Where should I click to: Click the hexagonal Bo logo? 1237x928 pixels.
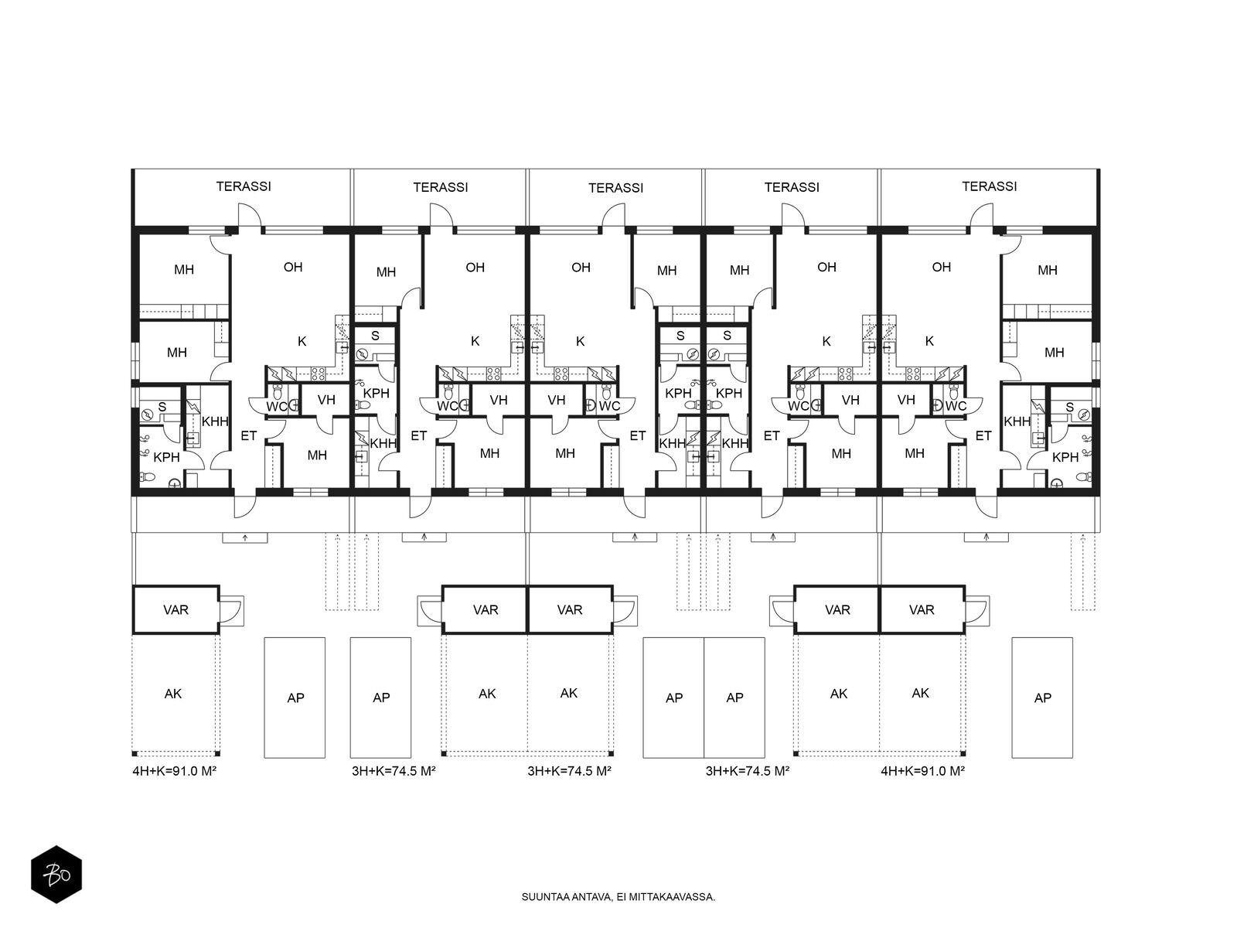pyautogui.click(x=56, y=875)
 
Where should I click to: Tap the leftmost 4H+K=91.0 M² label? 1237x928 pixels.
pyautogui.click(x=175, y=771)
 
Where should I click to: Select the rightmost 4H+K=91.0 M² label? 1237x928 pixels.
pyautogui.click(x=922, y=771)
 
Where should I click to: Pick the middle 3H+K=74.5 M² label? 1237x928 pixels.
pyautogui.click(x=569, y=771)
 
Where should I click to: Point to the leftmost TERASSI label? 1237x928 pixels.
pyautogui.click(x=244, y=186)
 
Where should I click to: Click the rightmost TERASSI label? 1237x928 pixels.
pyautogui.click(x=989, y=186)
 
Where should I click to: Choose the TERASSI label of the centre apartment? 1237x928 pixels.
pyautogui.click(x=615, y=188)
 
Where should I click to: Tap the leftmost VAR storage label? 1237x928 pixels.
pyautogui.click(x=175, y=609)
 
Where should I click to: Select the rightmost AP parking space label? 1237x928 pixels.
pyautogui.click(x=1043, y=698)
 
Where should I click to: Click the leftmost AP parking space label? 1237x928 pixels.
pyautogui.click(x=296, y=698)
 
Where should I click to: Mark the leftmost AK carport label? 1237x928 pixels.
pyautogui.click(x=173, y=694)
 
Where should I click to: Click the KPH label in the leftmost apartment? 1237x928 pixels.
pyautogui.click(x=167, y=458)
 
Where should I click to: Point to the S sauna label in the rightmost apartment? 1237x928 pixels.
pyautogui.click(x=1070, y=408)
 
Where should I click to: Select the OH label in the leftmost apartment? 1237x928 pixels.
pyautogui.click(x=293, y=267)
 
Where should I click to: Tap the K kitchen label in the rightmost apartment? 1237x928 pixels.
pyautogui.click(x=929, y=341)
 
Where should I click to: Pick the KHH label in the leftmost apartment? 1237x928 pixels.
pyautogui.click(x=215, y=421)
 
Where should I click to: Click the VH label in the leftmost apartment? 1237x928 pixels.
pyautogui.click(x=326, y=400)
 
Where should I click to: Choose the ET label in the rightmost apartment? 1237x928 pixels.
pyautogui.click(x=983, y=435)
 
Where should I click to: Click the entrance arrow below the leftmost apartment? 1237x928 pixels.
pyautogui.click(x=245, y=538)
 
